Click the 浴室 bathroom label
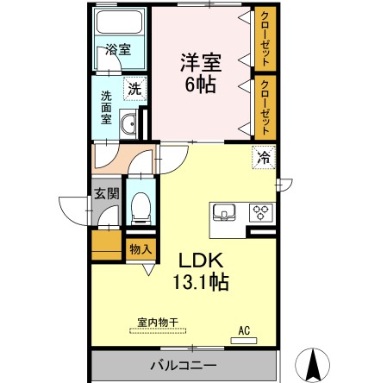pos(118,49)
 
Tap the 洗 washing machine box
pos(134,87)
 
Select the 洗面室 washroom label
pos(106,108)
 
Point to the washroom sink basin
pos(129,126)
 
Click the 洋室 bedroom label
pos(200,63)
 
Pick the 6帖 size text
pos(200,85)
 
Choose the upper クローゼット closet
pos(265,40)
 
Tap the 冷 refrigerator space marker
pos(263,158)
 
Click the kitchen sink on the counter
pos(226,211)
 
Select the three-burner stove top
pos(260,211)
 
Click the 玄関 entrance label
pos(107,195)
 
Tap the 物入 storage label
pos(140,249)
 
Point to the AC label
pos(244,329)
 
